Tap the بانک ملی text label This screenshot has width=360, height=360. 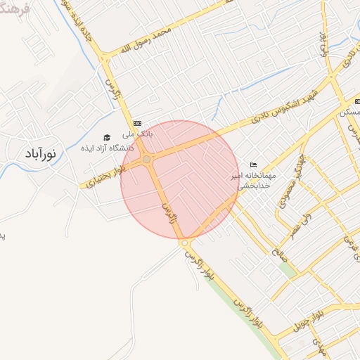pos(137,132)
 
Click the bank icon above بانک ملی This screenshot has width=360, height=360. pos(137,122)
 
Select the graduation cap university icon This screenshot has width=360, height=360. pos(107,137)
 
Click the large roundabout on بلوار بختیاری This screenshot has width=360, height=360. pos(146,160)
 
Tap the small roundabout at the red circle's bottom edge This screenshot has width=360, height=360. pos(184,243)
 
